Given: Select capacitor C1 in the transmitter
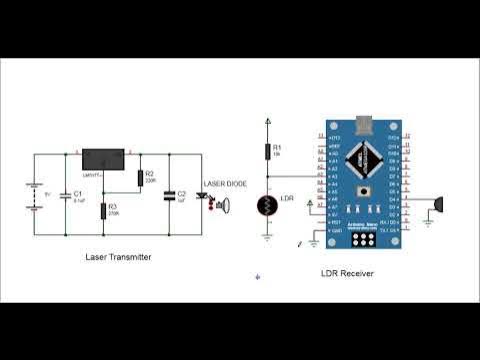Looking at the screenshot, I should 64,195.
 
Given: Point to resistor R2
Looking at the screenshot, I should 141,179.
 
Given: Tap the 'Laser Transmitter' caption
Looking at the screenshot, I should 118,257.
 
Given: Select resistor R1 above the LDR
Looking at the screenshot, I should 267,150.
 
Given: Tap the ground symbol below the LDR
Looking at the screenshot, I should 267,237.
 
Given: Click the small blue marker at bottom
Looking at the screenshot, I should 257,277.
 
